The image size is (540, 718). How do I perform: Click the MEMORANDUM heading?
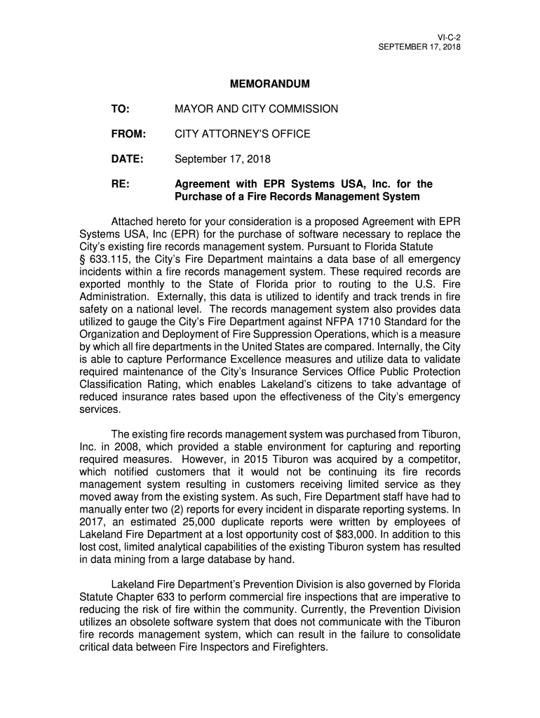[269, 84]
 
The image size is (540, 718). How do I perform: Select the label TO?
[120, 109]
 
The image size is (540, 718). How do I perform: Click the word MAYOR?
[194, 109]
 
